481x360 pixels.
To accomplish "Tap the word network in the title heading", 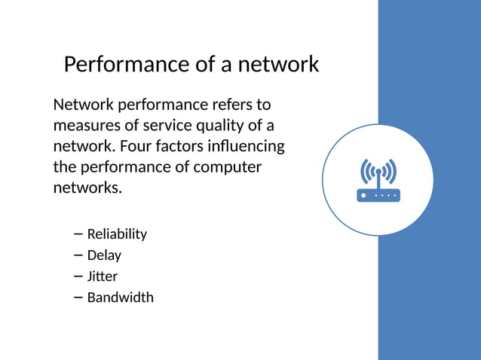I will (x=278, y=65).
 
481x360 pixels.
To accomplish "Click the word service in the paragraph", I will (x=162, y=125).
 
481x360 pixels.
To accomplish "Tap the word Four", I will (x=137, y=145).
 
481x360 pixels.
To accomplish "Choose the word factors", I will (x=185, y=145).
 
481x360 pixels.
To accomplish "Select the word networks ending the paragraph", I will (x=85, y=188).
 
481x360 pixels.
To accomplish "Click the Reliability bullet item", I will (x=117, y=234).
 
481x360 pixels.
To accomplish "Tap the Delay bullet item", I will (x=104, y=255).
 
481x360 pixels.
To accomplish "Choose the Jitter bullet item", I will (x=103, y=276).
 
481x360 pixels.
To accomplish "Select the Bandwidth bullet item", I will (x=120, y=297).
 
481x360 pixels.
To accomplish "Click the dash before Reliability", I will (x=79, y=234).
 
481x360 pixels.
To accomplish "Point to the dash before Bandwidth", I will (x=79, y=297).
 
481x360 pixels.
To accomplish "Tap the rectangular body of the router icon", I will (x=378, y=195).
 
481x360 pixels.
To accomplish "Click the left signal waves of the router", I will (x=366, y=171).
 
